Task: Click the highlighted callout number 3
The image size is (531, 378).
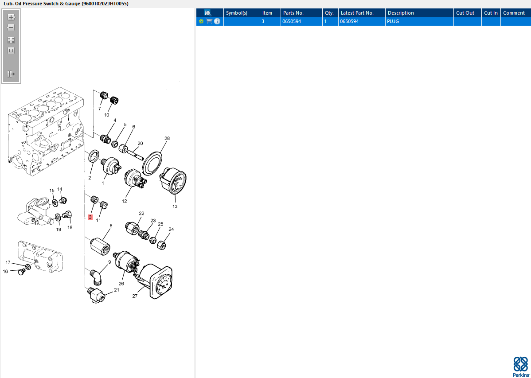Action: pos(90,217)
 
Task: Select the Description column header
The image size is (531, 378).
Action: pos(401,13)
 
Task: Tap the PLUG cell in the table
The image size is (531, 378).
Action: pos(393,21)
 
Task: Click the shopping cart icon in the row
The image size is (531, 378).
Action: pos(209,21)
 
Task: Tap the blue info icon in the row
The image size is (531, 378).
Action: pos(217,21)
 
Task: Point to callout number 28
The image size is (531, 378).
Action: pos(167,138)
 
